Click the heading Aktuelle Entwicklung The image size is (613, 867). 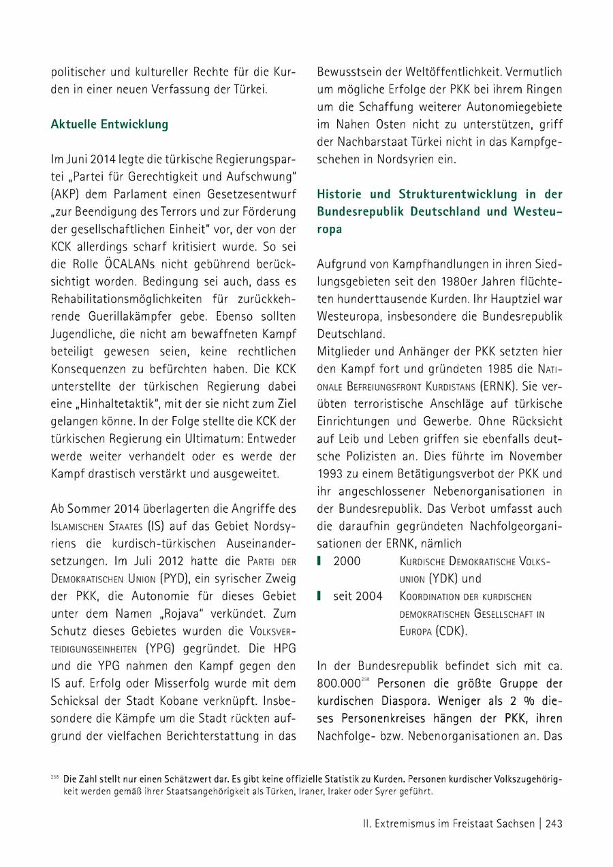[x=109, y=125]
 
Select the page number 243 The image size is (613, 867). [x=554, y=823]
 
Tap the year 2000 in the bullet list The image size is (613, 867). [x=347, y=561]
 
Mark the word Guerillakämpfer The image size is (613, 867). [x=129, y=317]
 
